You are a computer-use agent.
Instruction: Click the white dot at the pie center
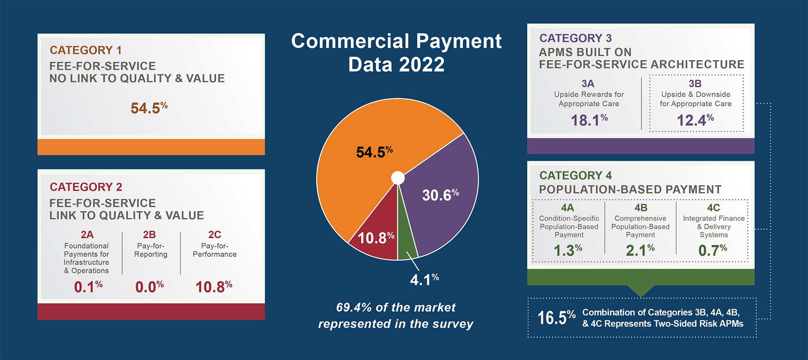(x=398, y=178)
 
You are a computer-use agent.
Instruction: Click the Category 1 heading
(x=86, y=50)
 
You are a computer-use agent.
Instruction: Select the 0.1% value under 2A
(x=88, y=287)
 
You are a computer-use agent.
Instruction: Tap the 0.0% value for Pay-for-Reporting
(x=149, y=287)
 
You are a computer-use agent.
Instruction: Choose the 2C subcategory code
(x=214, y=235)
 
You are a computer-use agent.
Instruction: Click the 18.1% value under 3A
(x=589, y=120)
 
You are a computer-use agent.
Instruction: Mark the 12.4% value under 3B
(x=695, y=120)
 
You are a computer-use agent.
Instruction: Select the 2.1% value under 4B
(x=640, y=250)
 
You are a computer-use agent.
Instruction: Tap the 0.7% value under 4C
(x=712, y=250)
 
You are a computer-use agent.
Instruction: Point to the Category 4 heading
(x=575, y=175)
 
